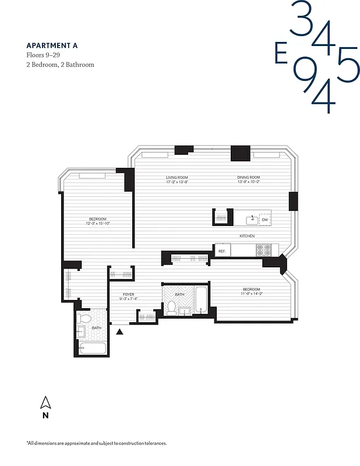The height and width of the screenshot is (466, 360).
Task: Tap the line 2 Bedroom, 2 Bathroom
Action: (60, 65)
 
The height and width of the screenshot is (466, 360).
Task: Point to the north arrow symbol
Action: (45, 403)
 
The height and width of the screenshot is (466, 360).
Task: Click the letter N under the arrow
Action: (45, 416)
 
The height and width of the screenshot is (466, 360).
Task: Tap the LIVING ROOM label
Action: (177, 178)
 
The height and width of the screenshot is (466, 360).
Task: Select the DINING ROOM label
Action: (248, 178)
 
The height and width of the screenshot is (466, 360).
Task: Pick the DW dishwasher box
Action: (265, 220)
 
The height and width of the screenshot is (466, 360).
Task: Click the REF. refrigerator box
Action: (222, 250)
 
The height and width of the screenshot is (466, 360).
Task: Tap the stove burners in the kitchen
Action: (264, 250)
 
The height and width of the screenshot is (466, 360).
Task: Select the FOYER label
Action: (129, 295)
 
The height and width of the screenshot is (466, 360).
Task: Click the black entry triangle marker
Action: (120, 332)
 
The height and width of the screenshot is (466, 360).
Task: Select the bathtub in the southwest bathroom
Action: (92, 349)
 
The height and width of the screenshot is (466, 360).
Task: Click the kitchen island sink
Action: (251, 220)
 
